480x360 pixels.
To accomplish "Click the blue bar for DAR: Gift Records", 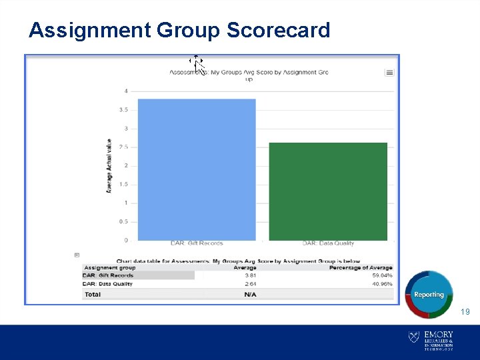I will coord(197,169).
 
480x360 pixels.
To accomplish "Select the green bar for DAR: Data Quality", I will coord(328,191).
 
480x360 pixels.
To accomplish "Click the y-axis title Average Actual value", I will coord(109,166).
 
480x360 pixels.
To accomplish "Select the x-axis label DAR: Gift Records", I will coord(197,243).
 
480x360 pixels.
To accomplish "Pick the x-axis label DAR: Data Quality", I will coord(328,243).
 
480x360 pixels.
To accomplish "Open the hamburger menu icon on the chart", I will coord(389,73).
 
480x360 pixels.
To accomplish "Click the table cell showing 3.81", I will coord(250,275).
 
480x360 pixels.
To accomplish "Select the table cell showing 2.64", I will coord(250,284).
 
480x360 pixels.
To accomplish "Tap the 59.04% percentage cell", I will coord(382,275).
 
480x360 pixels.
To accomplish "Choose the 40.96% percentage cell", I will coord(382,284).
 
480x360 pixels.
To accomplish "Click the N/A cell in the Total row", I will coord(250,294).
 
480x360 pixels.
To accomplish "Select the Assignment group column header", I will coord(110,268).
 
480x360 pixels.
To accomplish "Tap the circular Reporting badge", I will coord(429,294).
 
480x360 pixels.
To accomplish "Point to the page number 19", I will coord(465,311).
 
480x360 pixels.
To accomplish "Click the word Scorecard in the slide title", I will coord(278,30).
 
